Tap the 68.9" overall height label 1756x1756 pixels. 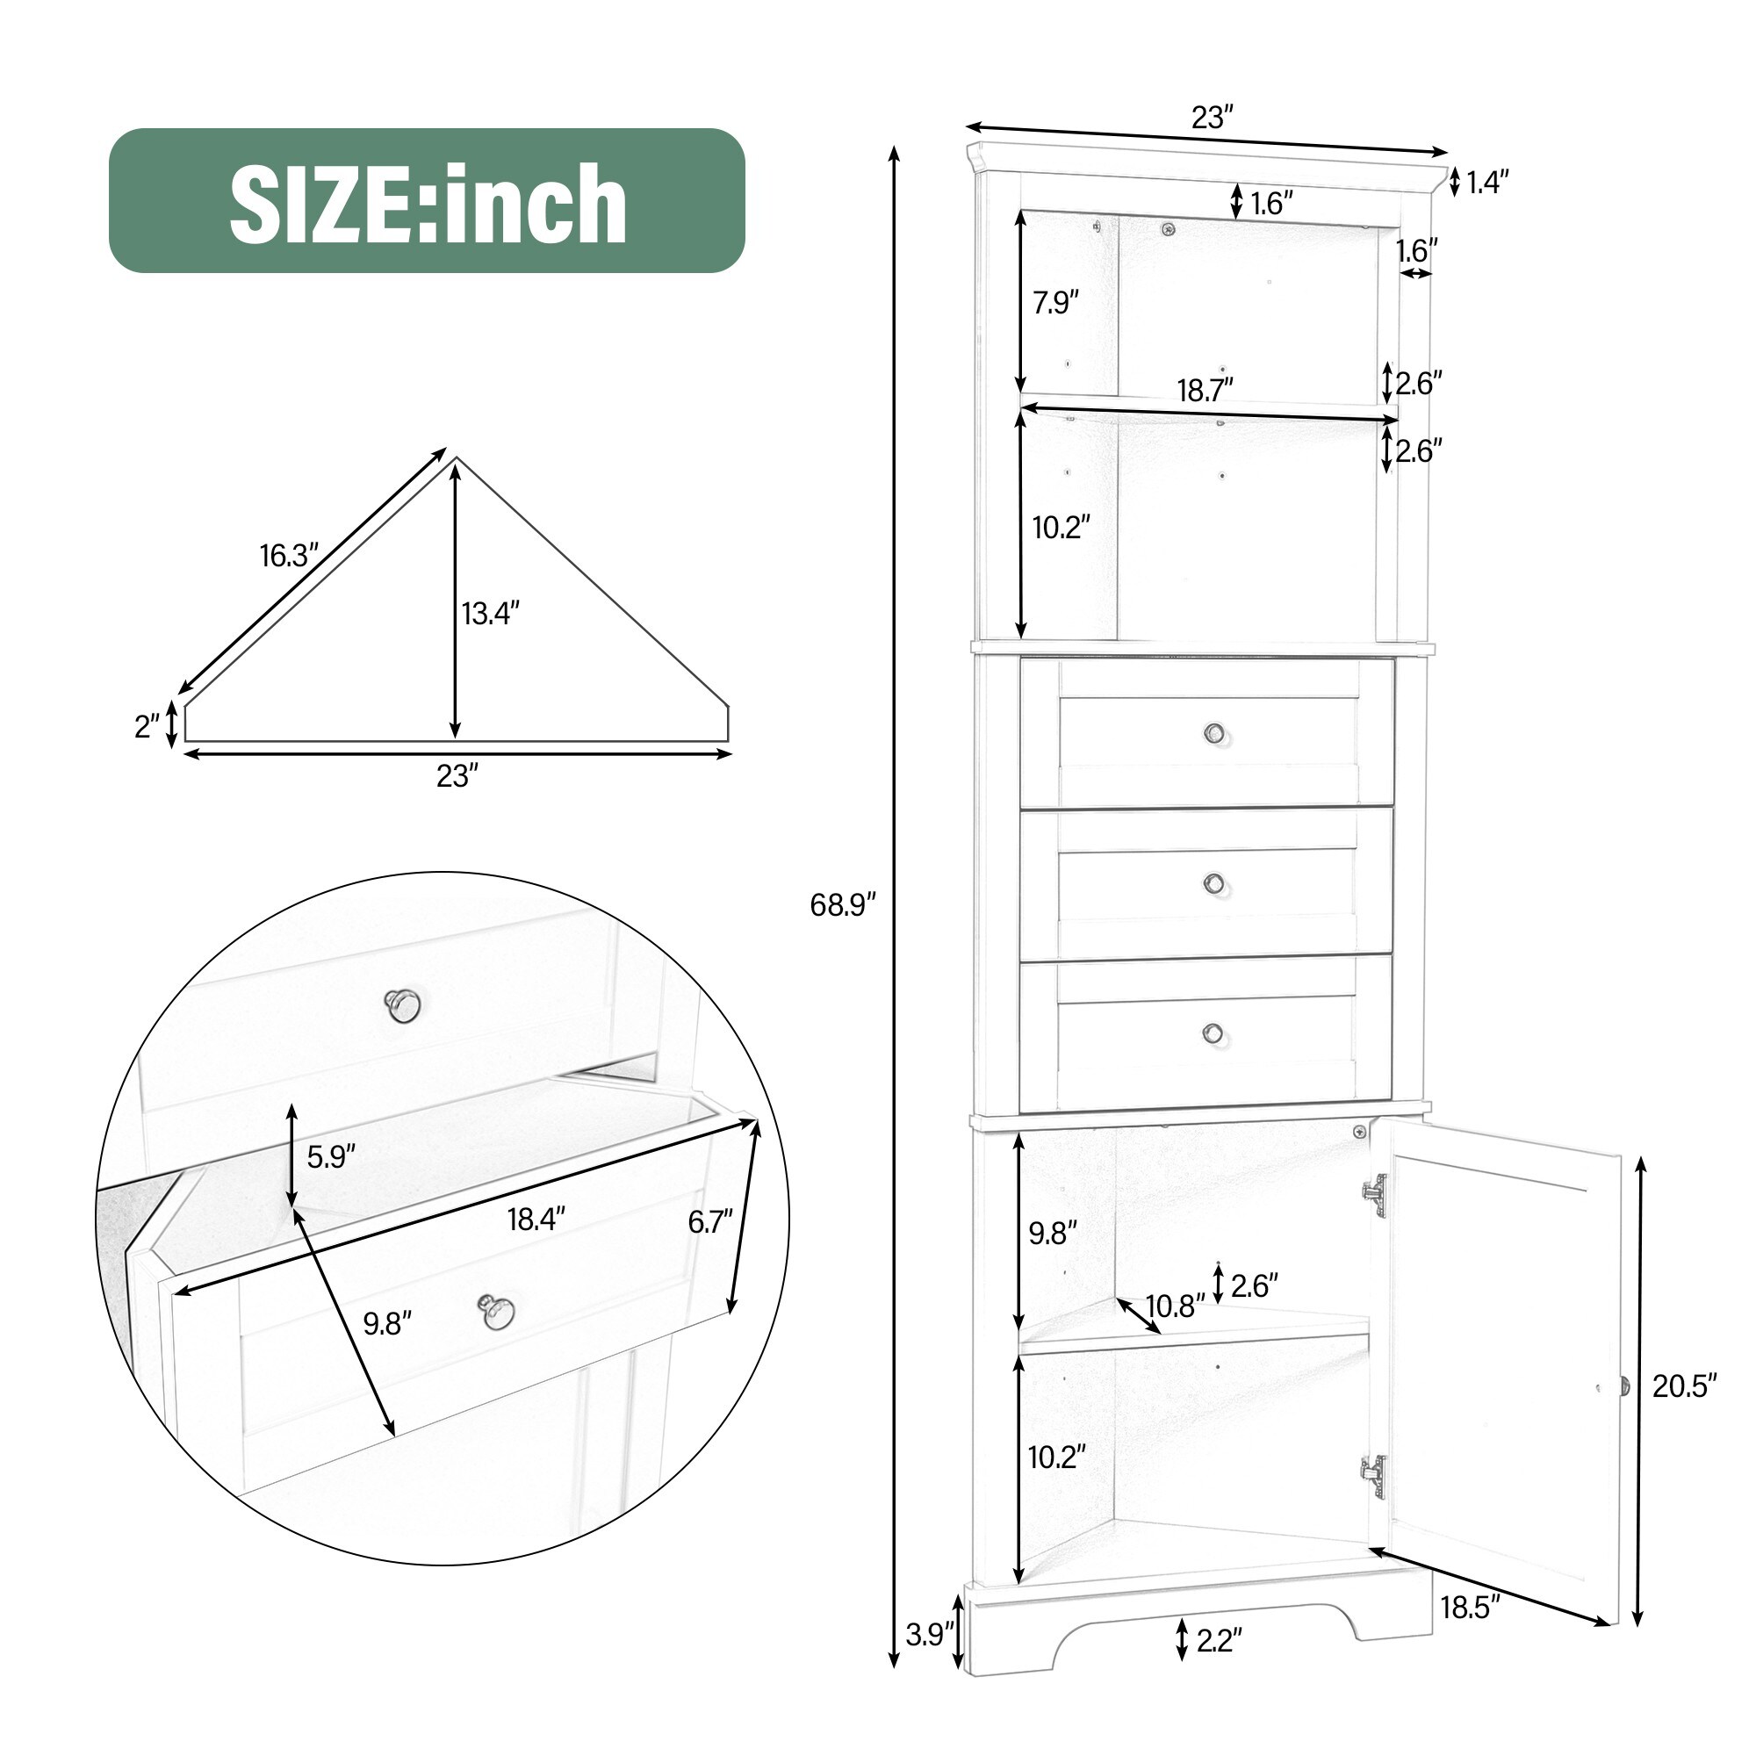coord(843,904)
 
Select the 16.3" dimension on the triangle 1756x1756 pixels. coord(289,556)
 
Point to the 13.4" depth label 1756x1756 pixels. coord(491,614)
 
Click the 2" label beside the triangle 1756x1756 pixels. coord(148,726)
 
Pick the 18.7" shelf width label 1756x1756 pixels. coord(1205,390)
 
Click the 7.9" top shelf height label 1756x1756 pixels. coord(1055,302)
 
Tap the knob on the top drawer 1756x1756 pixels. coord(1214,731)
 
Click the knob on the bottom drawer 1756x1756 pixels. coord(1213,1033)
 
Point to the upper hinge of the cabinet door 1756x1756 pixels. coord(1374,1192)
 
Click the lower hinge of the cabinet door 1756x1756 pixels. coord(1373,1478)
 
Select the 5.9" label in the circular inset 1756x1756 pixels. coord(331,1157)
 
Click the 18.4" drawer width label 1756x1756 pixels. coord(536,1219)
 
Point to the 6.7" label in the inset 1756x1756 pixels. coord(709,1222)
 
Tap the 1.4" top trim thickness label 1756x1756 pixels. coord(1487,183)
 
